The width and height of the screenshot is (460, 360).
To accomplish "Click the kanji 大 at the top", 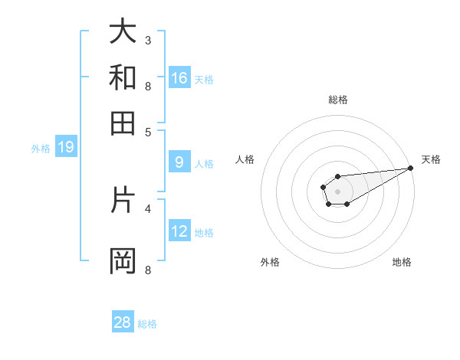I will (123, 32).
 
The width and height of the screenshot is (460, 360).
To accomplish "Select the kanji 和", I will (123, 77).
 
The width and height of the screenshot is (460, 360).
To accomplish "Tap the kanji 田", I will (123, 123).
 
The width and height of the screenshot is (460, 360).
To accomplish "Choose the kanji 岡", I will (123, 260).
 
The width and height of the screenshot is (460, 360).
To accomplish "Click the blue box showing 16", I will (179, 78).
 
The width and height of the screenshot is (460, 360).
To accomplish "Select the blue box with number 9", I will (179, 162).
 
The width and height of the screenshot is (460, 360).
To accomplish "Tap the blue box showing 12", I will (179, 231).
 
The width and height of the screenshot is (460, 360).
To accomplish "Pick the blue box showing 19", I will (66, 148).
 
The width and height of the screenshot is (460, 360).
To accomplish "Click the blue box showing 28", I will (123, 322).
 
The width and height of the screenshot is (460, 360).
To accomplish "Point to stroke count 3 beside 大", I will (147, 40).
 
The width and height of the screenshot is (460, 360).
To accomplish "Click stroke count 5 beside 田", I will (147, 131).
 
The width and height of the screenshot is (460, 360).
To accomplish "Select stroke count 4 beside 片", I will (147, 208).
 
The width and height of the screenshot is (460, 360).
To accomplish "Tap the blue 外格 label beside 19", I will (40, 149).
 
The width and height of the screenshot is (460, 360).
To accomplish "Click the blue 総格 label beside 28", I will (147, 324).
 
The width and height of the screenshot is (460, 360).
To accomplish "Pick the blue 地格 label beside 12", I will (204, 233).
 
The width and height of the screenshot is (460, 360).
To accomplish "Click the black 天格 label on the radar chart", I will (431, 159).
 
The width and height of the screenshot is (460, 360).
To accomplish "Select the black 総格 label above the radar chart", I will (337, 100).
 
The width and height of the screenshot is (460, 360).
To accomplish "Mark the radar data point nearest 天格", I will (410, 168).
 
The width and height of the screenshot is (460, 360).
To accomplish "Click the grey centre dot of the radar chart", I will (337, 191).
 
